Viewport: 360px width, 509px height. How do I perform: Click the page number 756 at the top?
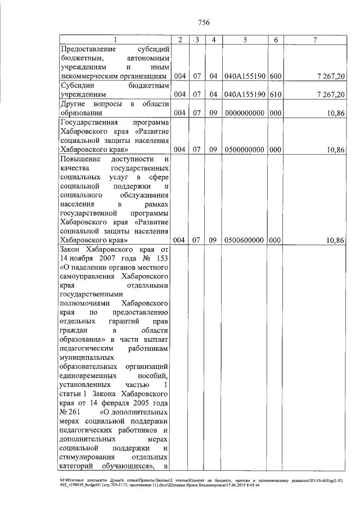click(x=204, y=22)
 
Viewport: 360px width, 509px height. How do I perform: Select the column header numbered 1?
click(x=115, y=39)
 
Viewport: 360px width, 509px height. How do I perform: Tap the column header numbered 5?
click(x=245, y=39)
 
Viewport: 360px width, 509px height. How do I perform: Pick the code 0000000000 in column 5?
click(x=245, y=112)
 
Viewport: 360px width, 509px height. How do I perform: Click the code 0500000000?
click(x=245, y=150)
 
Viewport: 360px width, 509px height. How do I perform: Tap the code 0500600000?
click(x=245, y=240)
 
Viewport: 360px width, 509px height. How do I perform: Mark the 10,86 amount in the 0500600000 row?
click(x=335, y=240)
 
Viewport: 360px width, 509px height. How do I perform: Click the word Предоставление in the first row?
click(x=86, y=48)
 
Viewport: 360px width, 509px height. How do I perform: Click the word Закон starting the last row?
click(x=71, y=249)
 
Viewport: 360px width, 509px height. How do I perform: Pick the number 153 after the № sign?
click(x=161, y=258)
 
